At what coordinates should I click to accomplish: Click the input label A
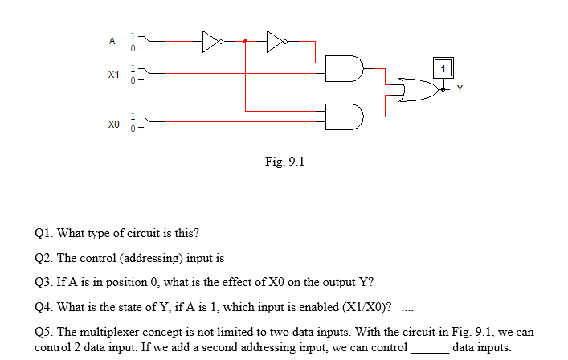112,39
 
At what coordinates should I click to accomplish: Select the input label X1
113,74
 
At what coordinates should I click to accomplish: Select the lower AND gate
348,116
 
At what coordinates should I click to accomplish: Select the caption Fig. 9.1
284,162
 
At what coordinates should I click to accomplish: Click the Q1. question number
45,234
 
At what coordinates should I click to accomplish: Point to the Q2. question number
45,258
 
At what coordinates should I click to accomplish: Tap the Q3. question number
45,282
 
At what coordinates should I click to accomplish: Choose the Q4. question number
45,307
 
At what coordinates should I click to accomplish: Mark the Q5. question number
45,332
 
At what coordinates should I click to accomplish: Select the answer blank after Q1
226,236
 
